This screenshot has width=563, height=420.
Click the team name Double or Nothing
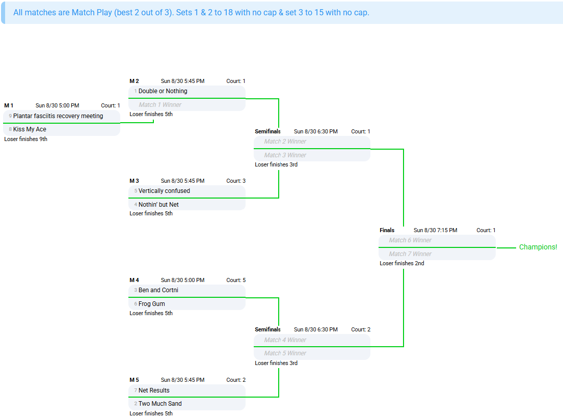pos(163,91)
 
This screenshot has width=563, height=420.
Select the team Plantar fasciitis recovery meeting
pos(58,116)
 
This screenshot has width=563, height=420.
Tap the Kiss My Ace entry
pos(30,129)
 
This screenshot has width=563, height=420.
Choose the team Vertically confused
pos(164,191)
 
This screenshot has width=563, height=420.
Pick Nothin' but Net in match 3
pos(158,205)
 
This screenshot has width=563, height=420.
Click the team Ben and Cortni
pos(158,290)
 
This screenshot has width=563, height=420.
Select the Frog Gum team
pos(151,304)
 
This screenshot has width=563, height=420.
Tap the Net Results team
pos(154,390)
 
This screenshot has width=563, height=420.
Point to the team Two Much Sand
pos(160,404)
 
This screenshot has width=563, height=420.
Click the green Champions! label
pos(538,247)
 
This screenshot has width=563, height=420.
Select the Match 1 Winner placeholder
pos(160,105)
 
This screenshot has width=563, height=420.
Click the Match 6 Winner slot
pos(410,240)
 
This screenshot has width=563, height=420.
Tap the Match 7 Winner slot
pos(410,254)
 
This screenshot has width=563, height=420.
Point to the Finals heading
pos(387,230)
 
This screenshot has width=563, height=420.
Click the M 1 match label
pos(9,105)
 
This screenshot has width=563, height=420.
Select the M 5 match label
pos(135,380)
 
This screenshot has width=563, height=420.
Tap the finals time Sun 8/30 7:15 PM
pos(436,230)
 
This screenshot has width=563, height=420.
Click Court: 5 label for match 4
pos(236,280)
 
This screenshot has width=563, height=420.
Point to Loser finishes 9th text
pos(26,139)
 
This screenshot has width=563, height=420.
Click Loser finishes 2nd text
pos(402,263)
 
